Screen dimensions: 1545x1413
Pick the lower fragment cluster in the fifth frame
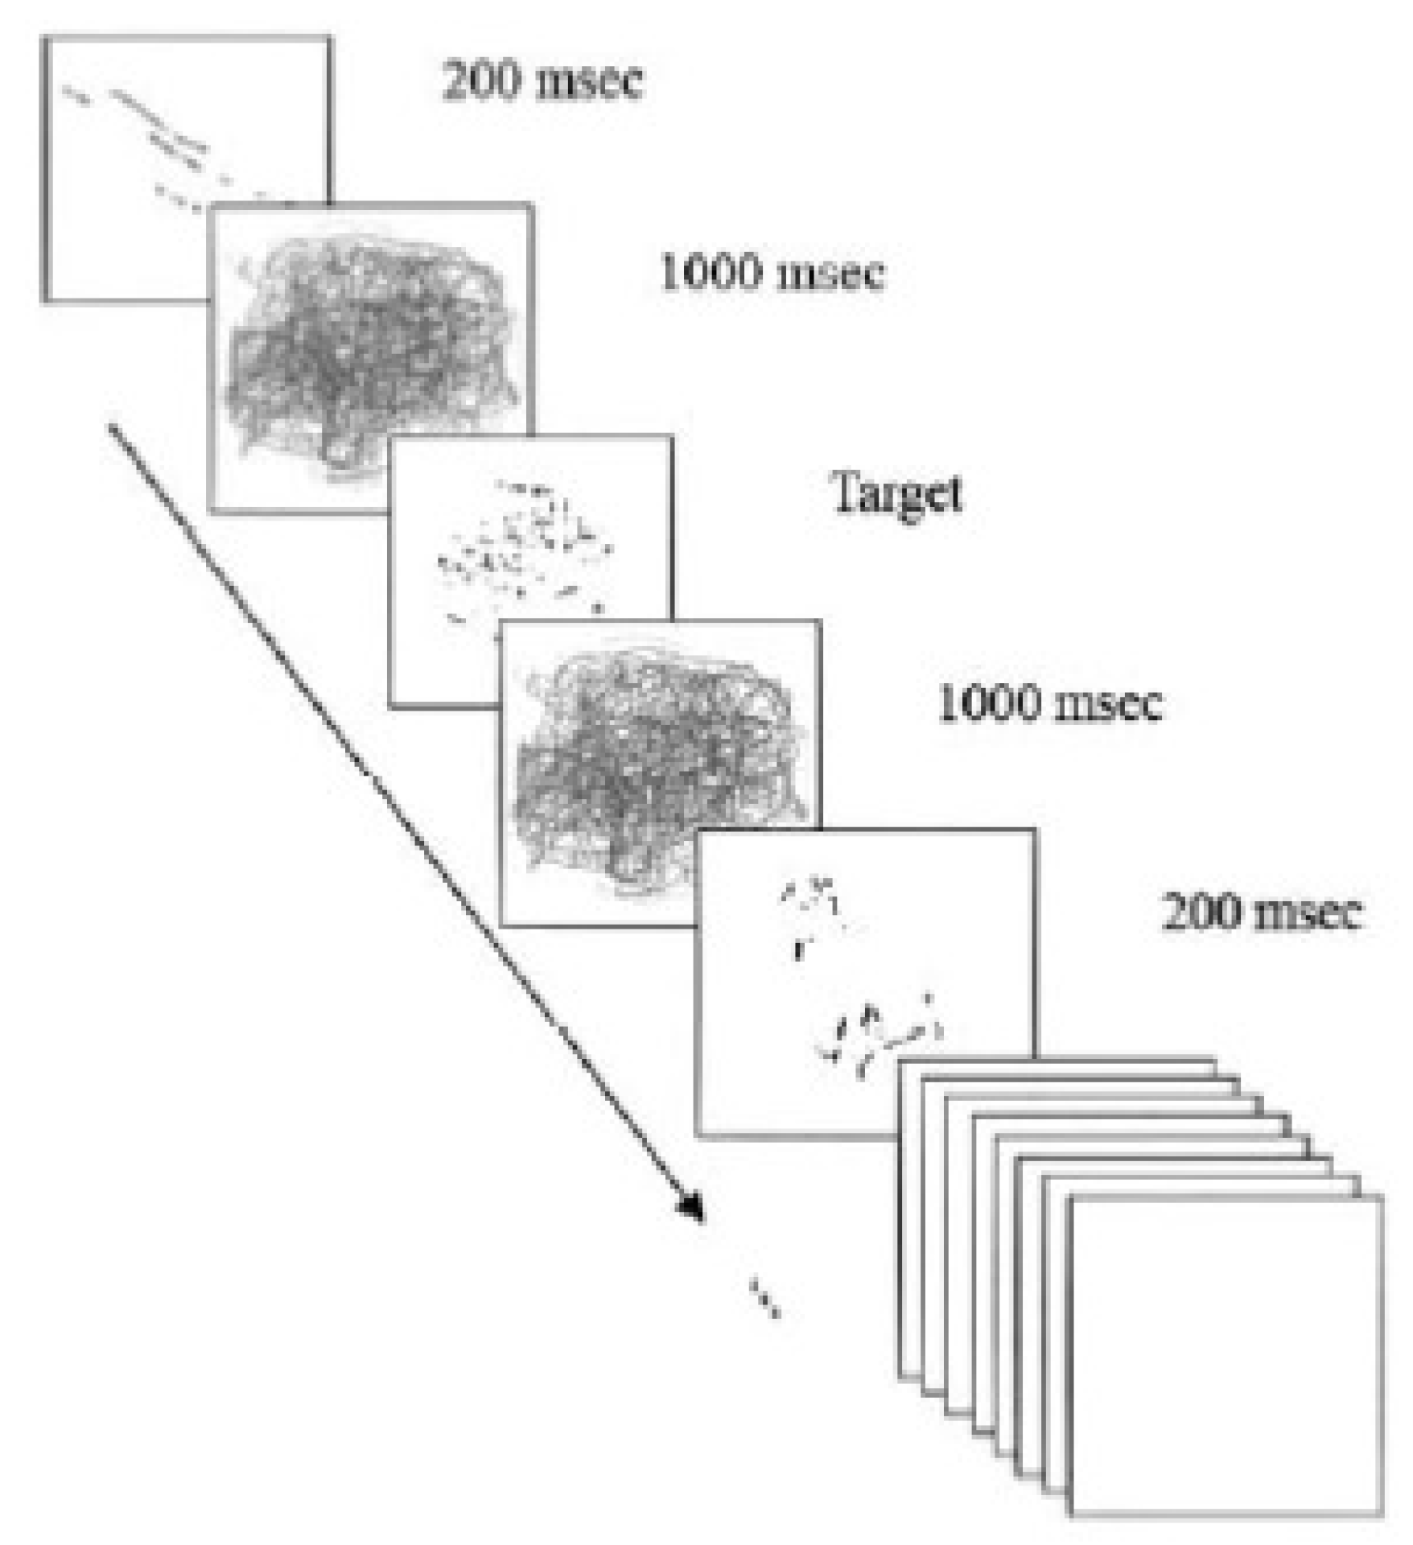881,1034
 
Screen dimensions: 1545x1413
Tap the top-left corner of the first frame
44,38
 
